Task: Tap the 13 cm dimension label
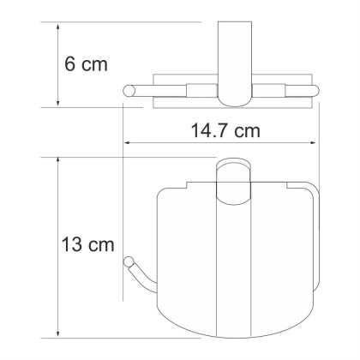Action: tap(86, 246)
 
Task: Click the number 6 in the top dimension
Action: tap(71, 65)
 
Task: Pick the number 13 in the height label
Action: tap(72, 246)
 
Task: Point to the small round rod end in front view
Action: tap(129, 261)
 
